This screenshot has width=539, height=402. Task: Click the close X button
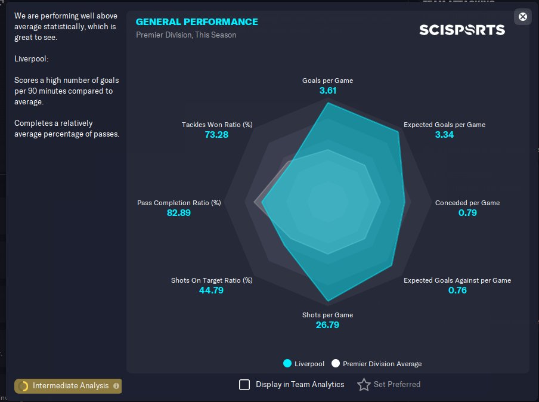[522, 17]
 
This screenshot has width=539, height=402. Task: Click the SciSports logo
[462, 30]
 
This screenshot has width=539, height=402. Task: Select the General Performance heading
[197, 21]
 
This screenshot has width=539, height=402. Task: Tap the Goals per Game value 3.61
[327, 91]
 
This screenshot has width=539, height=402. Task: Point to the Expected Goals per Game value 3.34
[444, 134]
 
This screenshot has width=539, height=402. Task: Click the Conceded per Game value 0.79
[467, 212]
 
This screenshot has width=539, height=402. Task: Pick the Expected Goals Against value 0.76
[457, 290]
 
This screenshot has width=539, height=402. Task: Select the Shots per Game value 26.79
[327, 325]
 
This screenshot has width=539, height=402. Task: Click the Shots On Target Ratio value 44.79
[211, 290]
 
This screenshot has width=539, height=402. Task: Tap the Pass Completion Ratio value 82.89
[178, 212]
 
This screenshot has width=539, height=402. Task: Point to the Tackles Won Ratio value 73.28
[216, 134]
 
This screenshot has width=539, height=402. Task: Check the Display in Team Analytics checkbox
[244, 385]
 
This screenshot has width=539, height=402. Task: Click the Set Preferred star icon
[364, 385]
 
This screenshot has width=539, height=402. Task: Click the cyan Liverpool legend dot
[287, 363]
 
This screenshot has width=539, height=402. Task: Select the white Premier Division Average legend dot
[336, 363]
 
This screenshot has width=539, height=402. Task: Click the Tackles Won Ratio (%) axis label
[217, 125]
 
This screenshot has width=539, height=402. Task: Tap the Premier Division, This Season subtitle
[186, 35]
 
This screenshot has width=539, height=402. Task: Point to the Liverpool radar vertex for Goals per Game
[328, 103]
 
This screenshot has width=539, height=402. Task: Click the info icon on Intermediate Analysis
[116, 386]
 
